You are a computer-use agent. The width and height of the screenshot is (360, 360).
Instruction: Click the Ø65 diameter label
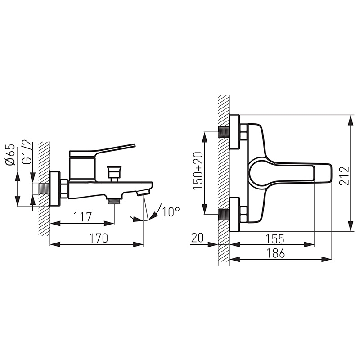(10, 155)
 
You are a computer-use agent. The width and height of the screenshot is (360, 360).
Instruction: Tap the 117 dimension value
(82, 217)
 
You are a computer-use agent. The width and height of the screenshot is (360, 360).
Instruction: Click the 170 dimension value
(98, 238)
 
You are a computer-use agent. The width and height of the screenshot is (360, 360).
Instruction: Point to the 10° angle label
(171, 212)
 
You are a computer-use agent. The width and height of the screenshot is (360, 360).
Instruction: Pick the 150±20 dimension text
(198, 171)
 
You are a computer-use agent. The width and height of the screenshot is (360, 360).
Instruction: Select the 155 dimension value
(275, 239)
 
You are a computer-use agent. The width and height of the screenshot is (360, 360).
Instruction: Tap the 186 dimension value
(275, 253)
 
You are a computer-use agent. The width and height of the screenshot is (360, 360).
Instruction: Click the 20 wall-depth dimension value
(197, 238)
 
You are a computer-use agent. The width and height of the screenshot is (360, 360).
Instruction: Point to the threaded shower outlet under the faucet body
(114, 201)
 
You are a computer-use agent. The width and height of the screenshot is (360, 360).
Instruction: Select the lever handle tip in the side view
(134, 145)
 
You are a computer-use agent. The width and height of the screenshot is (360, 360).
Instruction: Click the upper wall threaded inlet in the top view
(224, 132)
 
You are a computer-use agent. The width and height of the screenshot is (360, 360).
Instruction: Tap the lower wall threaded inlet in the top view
(224, 215)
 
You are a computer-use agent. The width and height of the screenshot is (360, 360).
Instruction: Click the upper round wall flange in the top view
(234, 132)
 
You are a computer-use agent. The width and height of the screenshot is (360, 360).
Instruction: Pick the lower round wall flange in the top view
(234, 215)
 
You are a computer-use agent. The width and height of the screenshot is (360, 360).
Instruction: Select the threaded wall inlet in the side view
(44, 189)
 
